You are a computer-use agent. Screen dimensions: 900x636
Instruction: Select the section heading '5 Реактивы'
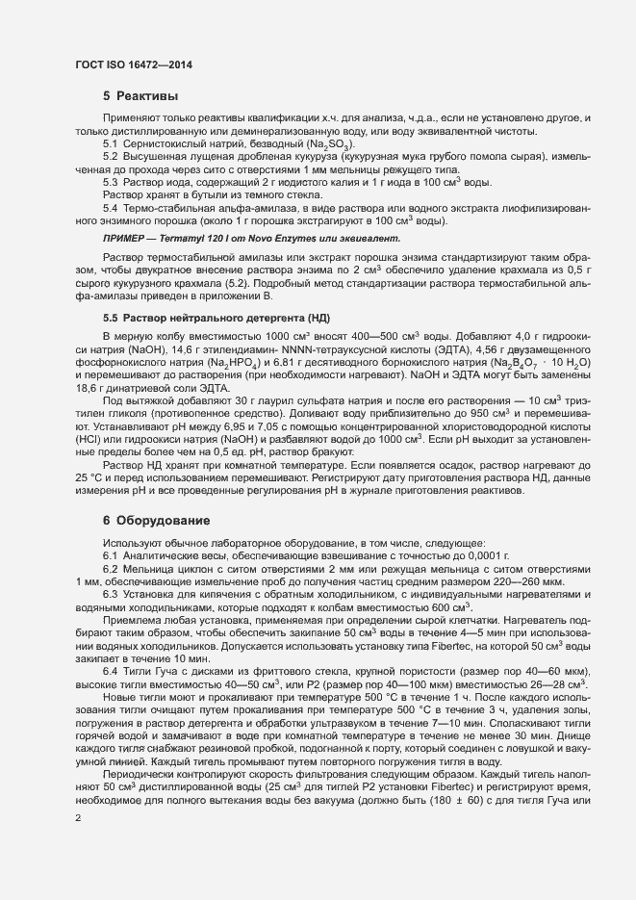tap(140, 96)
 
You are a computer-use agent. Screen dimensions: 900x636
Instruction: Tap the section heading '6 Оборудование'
tap(156, 521)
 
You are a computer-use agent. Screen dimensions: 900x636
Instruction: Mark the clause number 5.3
tap(111, 181)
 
